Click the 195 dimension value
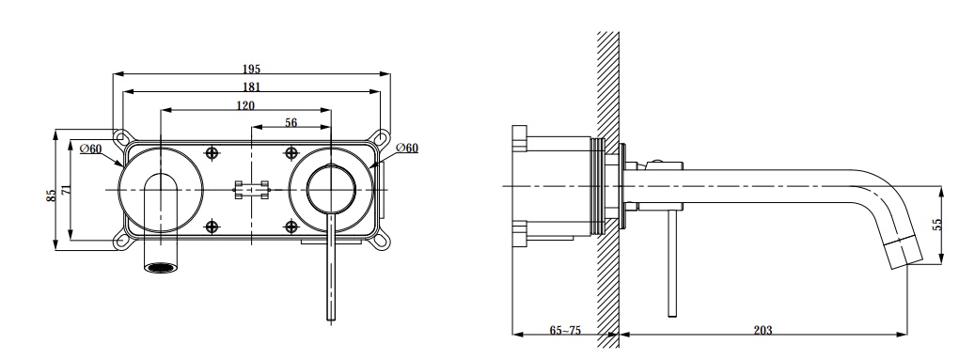tap(251, 69)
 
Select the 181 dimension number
tap(251, 87)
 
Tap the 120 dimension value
tap(245, 105)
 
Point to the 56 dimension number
tap(291, 122)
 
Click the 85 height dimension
tap(53, 196)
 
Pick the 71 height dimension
tap(67, 190)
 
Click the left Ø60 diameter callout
tap(91, 149)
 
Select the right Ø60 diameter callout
tap(407, 148)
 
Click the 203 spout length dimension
tap(763, 330)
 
